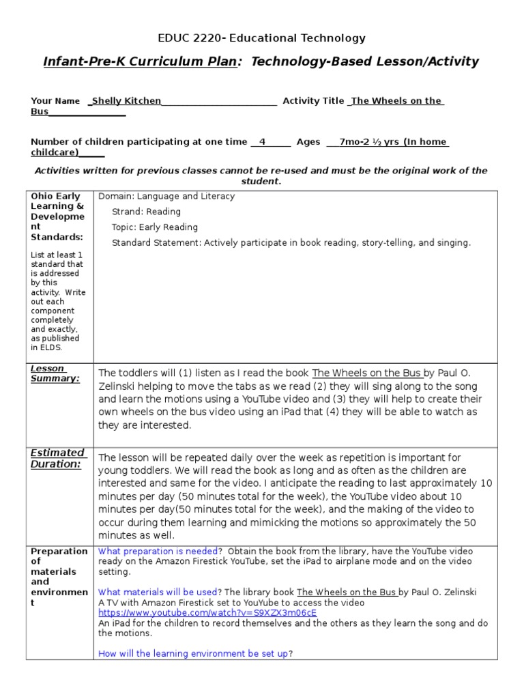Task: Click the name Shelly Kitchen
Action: [126, 101]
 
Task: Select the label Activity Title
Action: [313, 101]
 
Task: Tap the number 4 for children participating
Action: [262, 142]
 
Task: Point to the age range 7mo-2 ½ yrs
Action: [369, 142]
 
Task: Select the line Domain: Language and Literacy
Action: [166, 197]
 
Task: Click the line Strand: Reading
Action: [146, 212]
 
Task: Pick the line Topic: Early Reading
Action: [155, 227]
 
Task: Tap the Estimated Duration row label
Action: [58, 458]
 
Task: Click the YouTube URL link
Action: [207, 613]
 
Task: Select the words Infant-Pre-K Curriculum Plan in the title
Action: [141, 62]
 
